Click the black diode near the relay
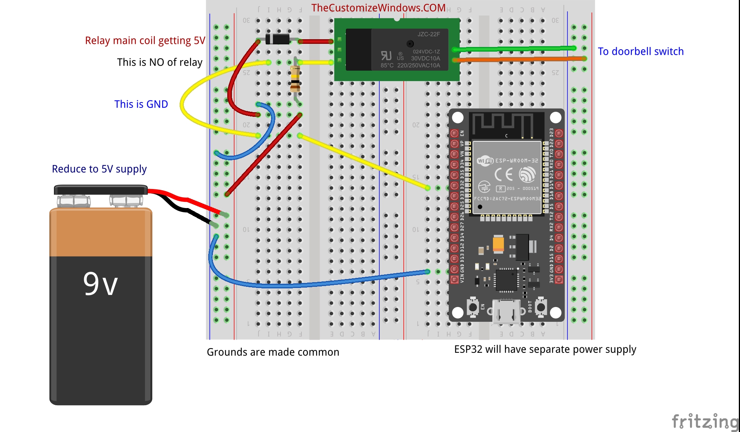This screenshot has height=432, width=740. (277, 39)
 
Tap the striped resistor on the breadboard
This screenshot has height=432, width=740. (295, 79)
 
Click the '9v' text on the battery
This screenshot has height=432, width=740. (100, 284)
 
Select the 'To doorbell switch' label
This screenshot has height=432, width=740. (640, 52)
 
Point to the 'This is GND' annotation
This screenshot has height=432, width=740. (141, 104)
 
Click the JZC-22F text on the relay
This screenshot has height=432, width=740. (428, 34)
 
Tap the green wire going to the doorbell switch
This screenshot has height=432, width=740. (512, 49)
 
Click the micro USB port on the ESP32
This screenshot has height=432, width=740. (506, 311)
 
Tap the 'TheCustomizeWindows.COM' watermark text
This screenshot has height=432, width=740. (378, 8)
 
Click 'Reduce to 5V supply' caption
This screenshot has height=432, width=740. (99, 169)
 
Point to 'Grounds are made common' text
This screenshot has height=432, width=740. (273, 352)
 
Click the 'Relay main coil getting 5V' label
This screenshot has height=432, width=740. (145, 41)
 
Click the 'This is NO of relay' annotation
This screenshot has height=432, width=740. (159, 62)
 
